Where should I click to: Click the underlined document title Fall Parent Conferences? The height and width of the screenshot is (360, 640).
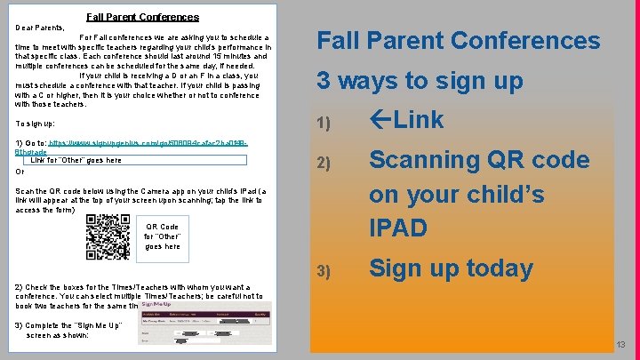(x=142, y=17)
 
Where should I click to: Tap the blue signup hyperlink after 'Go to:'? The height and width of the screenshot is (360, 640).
(x=147, y=143)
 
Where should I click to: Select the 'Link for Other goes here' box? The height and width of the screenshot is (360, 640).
(x=76, y=161)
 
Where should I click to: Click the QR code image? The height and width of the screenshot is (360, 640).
(x=108, y=236)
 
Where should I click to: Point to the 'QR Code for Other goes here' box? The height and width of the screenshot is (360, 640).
(x=162, y=236)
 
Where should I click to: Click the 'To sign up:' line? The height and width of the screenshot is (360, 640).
(x=36, y=124)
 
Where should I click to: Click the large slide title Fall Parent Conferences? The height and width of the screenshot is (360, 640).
(x=459, y=41)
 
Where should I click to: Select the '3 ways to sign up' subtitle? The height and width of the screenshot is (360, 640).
(x=420, y=81)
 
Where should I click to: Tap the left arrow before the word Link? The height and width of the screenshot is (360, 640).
(x=381, y=120)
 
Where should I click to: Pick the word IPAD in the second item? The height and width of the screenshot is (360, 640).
(x=400, y=228)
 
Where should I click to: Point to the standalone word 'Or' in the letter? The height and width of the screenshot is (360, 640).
(x=20, y=172)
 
